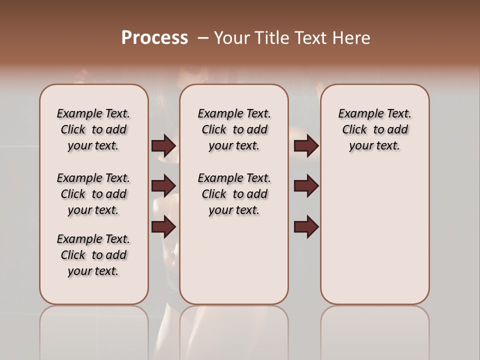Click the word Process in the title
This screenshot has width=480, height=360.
pos(154,38)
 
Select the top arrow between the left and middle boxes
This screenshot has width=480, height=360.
pos(163,146)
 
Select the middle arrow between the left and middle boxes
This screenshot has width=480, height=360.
pos(163,186)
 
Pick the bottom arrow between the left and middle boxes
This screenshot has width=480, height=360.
pos(163,227)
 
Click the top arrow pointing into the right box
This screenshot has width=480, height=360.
pos(306,146)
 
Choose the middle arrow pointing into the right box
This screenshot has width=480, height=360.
pos(306,186)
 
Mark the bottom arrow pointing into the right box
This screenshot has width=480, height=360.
pos(306,227)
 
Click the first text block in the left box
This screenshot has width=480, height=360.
pos(93,129)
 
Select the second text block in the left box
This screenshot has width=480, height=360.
pos(93,194)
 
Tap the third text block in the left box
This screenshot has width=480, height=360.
pos(93,255)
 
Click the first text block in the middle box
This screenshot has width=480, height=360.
pos(234,129)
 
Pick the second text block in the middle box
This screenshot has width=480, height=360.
pos(234,194)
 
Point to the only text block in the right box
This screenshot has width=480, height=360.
pos(374,129)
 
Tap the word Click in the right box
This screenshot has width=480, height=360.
pos(354,130)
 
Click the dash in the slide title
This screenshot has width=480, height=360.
pos(203,38)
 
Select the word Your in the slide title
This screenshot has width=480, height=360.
pos(232,38)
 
